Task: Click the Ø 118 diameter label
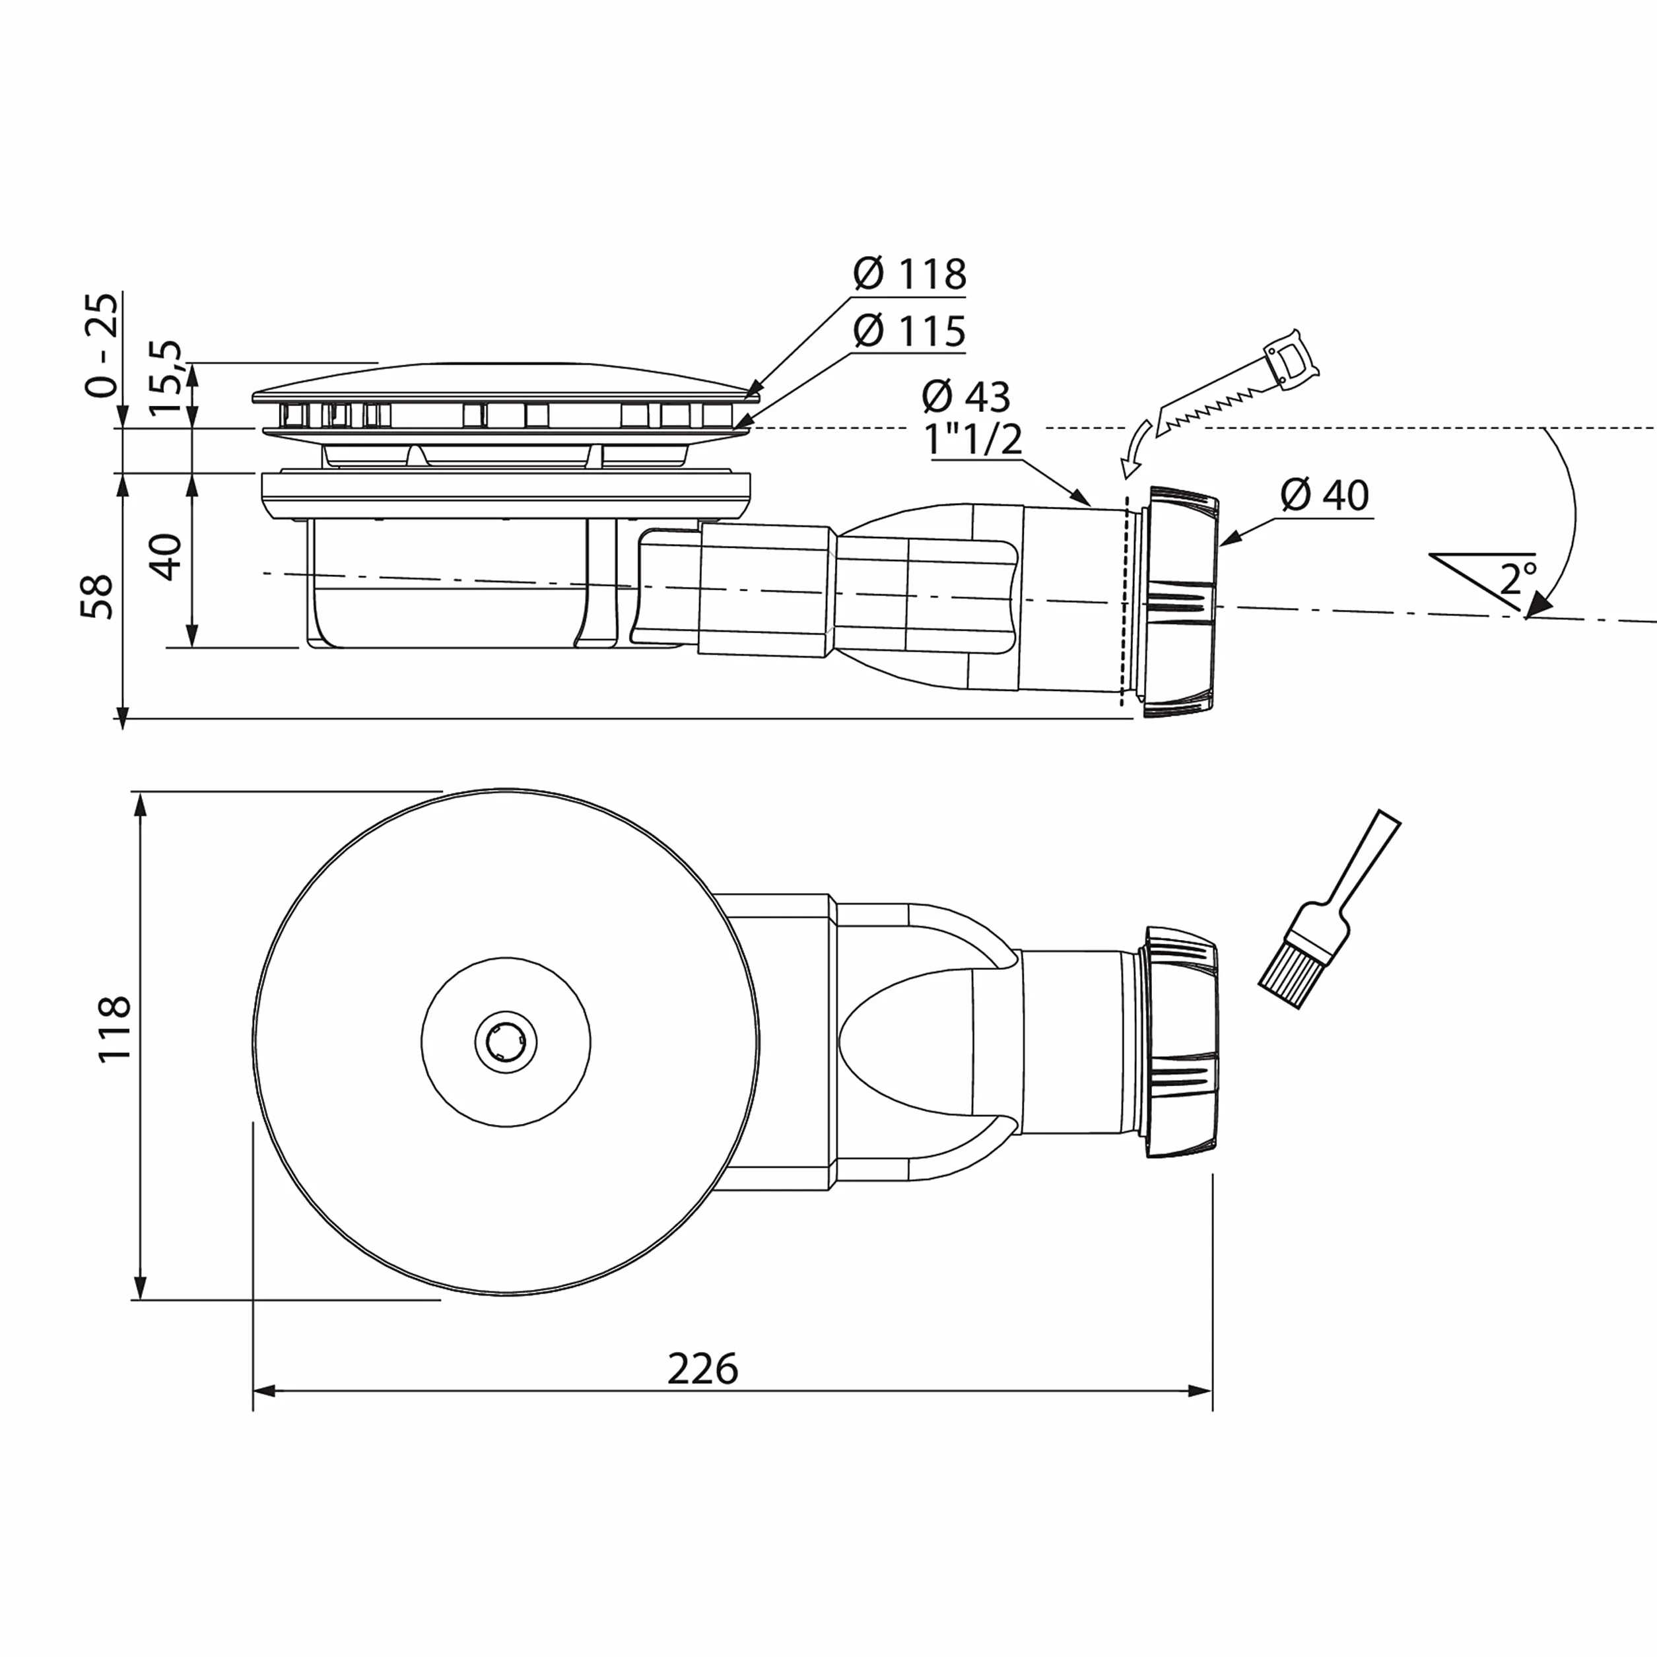coord(910,275)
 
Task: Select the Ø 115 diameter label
coord(910,331)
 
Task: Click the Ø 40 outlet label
coord(1325,495)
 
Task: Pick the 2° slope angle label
coord(1518,579)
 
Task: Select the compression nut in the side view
coord(1180,602)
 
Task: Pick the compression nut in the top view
coord(1181,1043)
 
